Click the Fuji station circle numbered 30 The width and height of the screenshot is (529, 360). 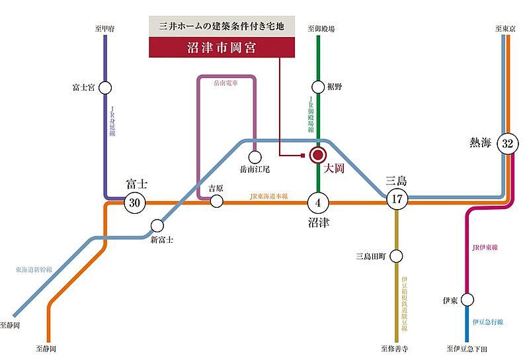[135, 202]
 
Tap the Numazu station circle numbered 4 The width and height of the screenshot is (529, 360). [318, 202]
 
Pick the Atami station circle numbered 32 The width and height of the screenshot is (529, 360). [508, 144]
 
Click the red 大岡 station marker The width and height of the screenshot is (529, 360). [318, 156]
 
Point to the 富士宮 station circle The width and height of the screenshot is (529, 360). [106, 87]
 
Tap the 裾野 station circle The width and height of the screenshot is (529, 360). [318, 87]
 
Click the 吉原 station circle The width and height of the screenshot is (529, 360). [216, 202]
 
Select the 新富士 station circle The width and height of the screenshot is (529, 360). [157, 225]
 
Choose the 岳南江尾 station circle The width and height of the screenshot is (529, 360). [255, 157]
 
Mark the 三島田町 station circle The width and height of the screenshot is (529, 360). [397, 256]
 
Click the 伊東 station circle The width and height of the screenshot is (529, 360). [467, 299]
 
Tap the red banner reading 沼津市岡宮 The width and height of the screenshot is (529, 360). [222, 48]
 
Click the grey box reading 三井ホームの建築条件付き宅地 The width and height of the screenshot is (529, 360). [222, 27]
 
